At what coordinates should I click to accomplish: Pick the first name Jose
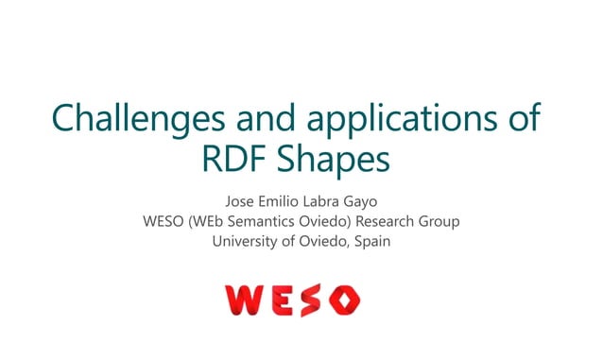[242, 202]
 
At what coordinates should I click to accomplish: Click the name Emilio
[287, 202]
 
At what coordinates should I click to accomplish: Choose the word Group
[442, 222]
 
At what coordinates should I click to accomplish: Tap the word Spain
[371, 242]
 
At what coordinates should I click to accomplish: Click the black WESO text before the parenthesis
[164, 222]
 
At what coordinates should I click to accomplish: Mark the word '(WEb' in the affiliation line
[210, 222]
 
